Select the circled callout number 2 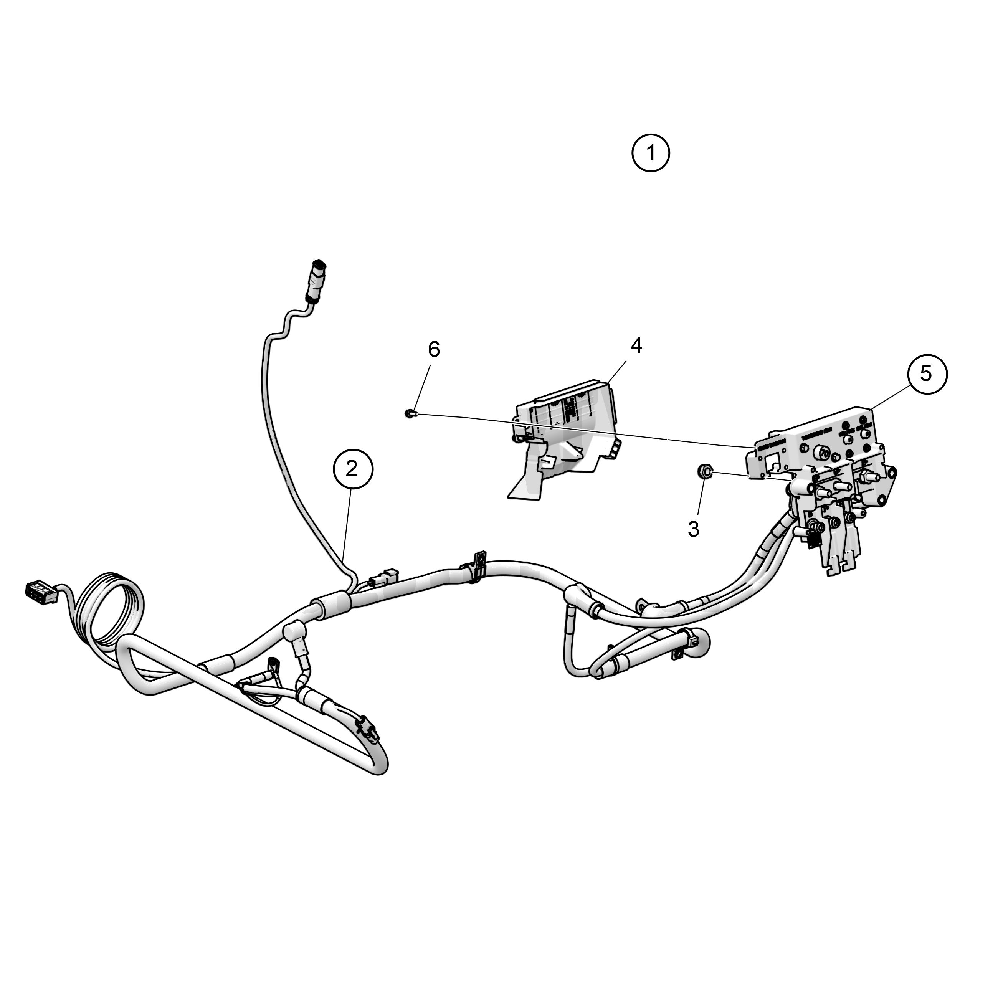pyautogui.click(x=352, y=469)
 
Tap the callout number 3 pyautogui.click(x=694, y=529)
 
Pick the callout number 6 pyautogui.click(x=434, y=350)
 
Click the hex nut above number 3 pyautogui.click(x=705, y=471)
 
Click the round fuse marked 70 pyautogui.click(x=821, y=453)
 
